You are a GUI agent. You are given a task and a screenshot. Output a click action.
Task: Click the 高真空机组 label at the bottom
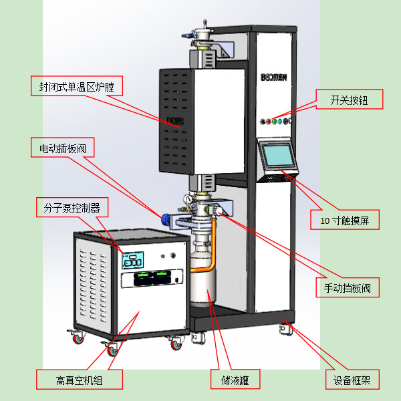[x=80, y=380]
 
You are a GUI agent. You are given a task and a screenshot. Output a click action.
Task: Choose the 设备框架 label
[x=352, y=380]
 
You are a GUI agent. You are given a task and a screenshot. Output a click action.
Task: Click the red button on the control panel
[x=269, y=122]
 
